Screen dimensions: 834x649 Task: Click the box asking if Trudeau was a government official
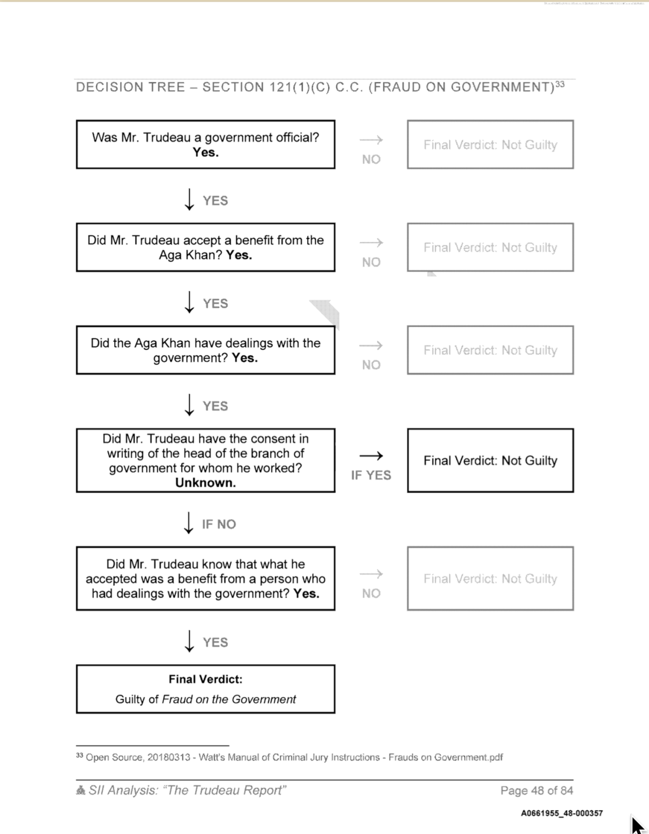pos(206,144)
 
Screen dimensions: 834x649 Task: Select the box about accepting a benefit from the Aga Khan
pos(206,247)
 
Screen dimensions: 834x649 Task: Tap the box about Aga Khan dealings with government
pos(206,350)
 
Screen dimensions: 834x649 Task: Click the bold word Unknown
pos(206,483)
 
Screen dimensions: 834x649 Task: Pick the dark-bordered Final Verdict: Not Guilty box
pos(490,460)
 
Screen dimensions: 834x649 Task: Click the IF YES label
pos(371,475)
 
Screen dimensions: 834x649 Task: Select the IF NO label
pos(219,524)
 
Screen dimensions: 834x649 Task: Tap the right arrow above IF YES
pos(371,455)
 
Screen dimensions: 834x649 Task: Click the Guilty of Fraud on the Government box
pos(206,689)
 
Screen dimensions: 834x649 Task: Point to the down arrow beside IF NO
pos(189,523)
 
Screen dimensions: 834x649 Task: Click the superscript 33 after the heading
pos(560,84)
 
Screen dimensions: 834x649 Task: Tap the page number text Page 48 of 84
pos(537,791)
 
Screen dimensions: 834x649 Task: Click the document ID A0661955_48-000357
pos(562,813)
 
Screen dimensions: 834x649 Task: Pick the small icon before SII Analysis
pos(81,791)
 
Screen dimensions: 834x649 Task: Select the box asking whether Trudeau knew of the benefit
pos(206,579)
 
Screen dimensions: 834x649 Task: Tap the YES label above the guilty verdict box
pos(215,643)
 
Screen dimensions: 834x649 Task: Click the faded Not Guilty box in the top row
pos(490,144)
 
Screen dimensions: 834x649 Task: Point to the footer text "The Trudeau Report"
pos(224,791)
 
